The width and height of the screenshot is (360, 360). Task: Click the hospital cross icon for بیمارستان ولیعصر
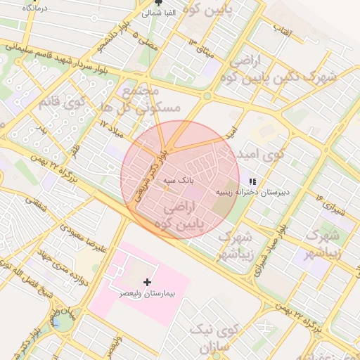click(x=146, y=281)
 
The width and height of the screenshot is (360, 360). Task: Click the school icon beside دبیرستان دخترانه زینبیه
click(x=252, y=182)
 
